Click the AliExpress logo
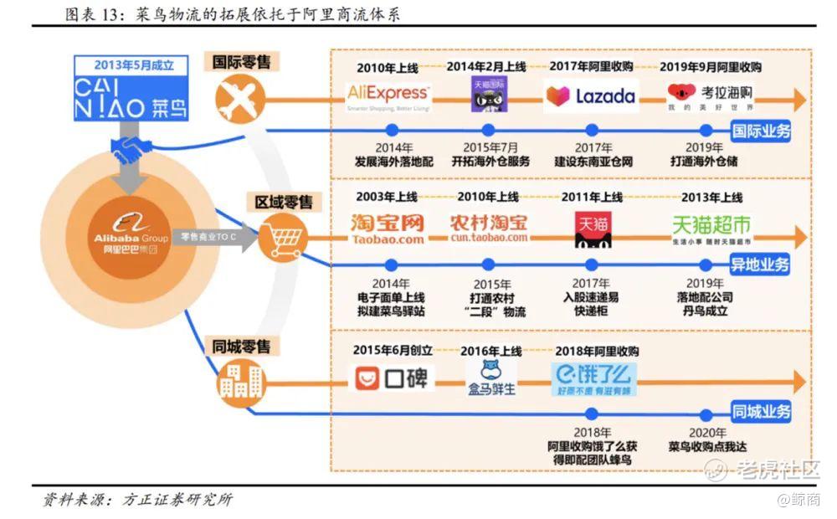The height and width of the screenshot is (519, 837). click(x=388, y=96)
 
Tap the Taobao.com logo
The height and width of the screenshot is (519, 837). click(x=388, y=229)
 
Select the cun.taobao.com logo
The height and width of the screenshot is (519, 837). click(x=489, y=229)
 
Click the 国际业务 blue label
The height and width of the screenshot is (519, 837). click(x=761, y=131)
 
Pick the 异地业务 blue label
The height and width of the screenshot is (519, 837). click(x=761, y=265)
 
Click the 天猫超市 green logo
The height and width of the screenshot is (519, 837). click(x=711, y=229)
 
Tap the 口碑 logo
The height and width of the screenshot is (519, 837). click(x=391, y=379)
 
